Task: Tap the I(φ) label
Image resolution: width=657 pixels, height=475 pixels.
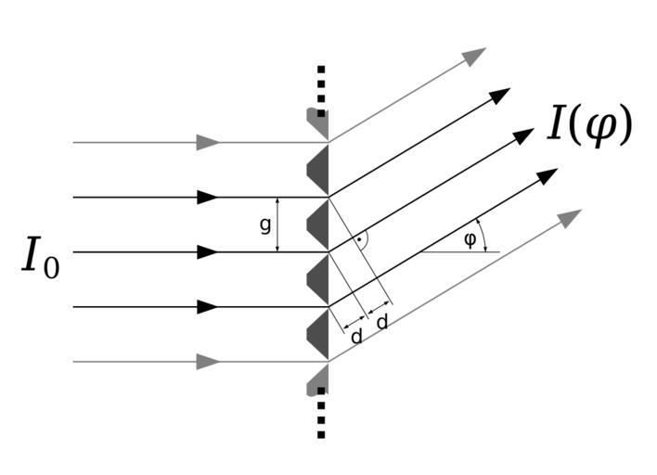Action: click(x=589, y=125)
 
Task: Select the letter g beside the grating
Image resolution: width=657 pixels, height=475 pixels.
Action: click(x=265, y=224)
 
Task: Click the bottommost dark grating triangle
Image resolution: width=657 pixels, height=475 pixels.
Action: click(x=318, y=333)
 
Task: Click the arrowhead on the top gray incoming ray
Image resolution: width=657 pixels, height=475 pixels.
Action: click(x=208, y=143)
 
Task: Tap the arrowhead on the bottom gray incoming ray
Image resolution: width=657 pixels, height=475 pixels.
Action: click(x=208, y=362)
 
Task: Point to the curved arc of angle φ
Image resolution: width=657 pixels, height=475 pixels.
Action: click(x=481, y=236)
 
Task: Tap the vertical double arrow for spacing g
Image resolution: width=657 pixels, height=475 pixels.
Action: click(x=278, y=225)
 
